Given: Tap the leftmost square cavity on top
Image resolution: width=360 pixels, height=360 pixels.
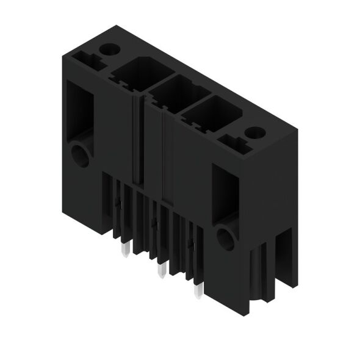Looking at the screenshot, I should pos(132,74).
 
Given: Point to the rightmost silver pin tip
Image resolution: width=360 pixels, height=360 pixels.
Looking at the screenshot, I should pos(197,292).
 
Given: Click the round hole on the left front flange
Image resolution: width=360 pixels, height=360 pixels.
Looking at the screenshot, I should pos(81,154).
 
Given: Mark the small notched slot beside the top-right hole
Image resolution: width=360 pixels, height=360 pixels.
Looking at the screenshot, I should pos(233,142).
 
